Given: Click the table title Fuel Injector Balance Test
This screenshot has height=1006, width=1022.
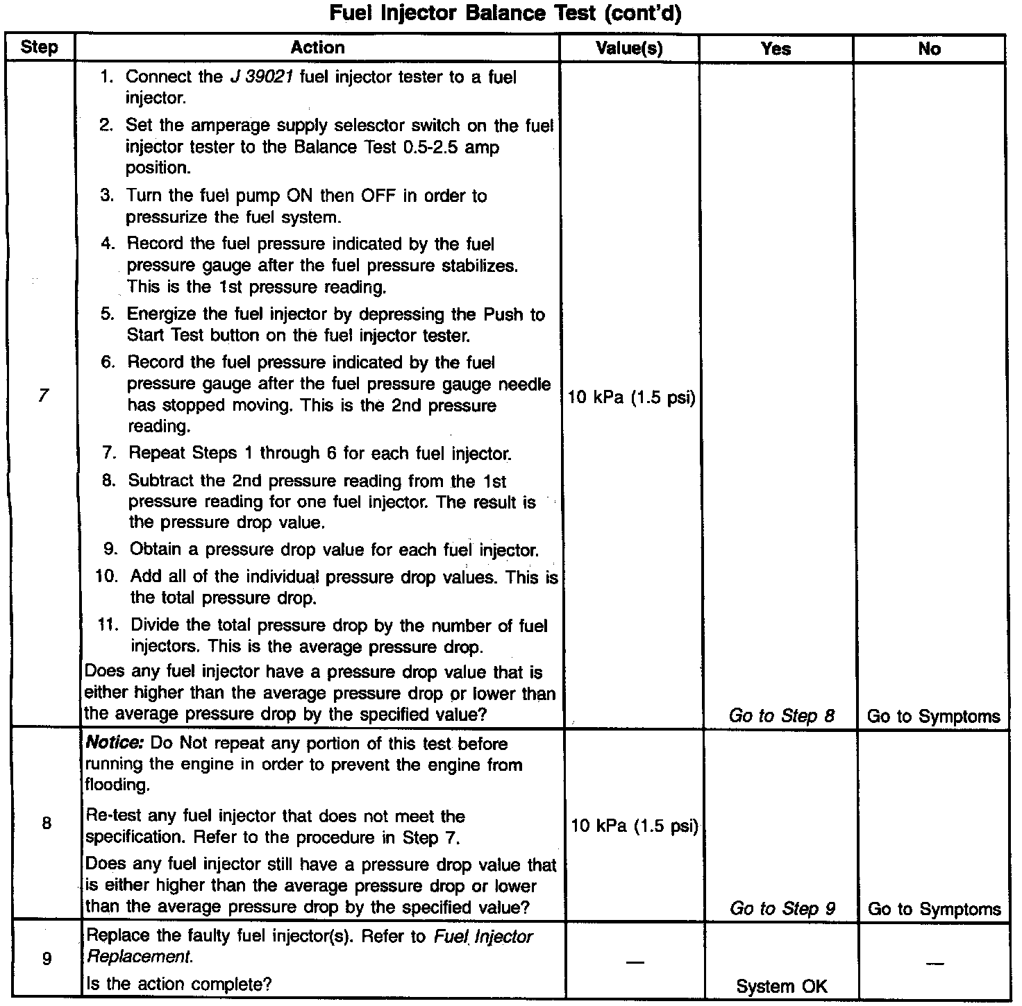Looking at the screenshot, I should click(x=505, y=13).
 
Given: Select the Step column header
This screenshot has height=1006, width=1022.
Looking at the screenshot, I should click(x=39, y=48).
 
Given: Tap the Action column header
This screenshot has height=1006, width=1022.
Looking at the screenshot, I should click(x=317, y=48).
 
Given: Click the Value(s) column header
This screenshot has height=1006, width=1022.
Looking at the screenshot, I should click(x=629, y=49).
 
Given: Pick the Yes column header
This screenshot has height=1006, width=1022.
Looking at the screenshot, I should click(x=776, y=49).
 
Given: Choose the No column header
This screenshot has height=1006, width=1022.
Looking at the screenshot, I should click(x=929, y=49).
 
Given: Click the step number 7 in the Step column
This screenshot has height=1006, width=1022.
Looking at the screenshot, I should click(x=44, y=396).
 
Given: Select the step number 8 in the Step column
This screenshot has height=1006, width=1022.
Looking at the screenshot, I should click(x=47, y=824).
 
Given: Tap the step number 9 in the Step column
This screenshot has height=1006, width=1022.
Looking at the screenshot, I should click(x=47, y=959).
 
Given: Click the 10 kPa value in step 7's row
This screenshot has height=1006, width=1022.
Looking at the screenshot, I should click(x=631, y=398).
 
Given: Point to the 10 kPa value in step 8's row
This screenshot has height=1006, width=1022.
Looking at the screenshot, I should click(x=634, y=826).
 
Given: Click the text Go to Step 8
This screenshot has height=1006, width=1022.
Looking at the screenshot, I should click(x=781, y=716).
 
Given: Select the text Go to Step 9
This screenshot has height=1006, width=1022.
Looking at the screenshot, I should click(x=782, y=909).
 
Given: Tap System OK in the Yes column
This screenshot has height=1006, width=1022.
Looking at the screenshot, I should click(x=781, y=987).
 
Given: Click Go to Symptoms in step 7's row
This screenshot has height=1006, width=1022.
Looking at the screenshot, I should click(x=933, y=716).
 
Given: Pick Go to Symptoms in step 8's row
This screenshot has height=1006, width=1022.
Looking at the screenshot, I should click(x=934, y=909).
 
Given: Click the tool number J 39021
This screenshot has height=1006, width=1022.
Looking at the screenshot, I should click(x=261, y=77).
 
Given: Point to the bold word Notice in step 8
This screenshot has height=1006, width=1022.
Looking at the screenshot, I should click(x=114, y=744).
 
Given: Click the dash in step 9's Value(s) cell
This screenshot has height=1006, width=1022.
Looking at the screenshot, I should click(x=634, y=962).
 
